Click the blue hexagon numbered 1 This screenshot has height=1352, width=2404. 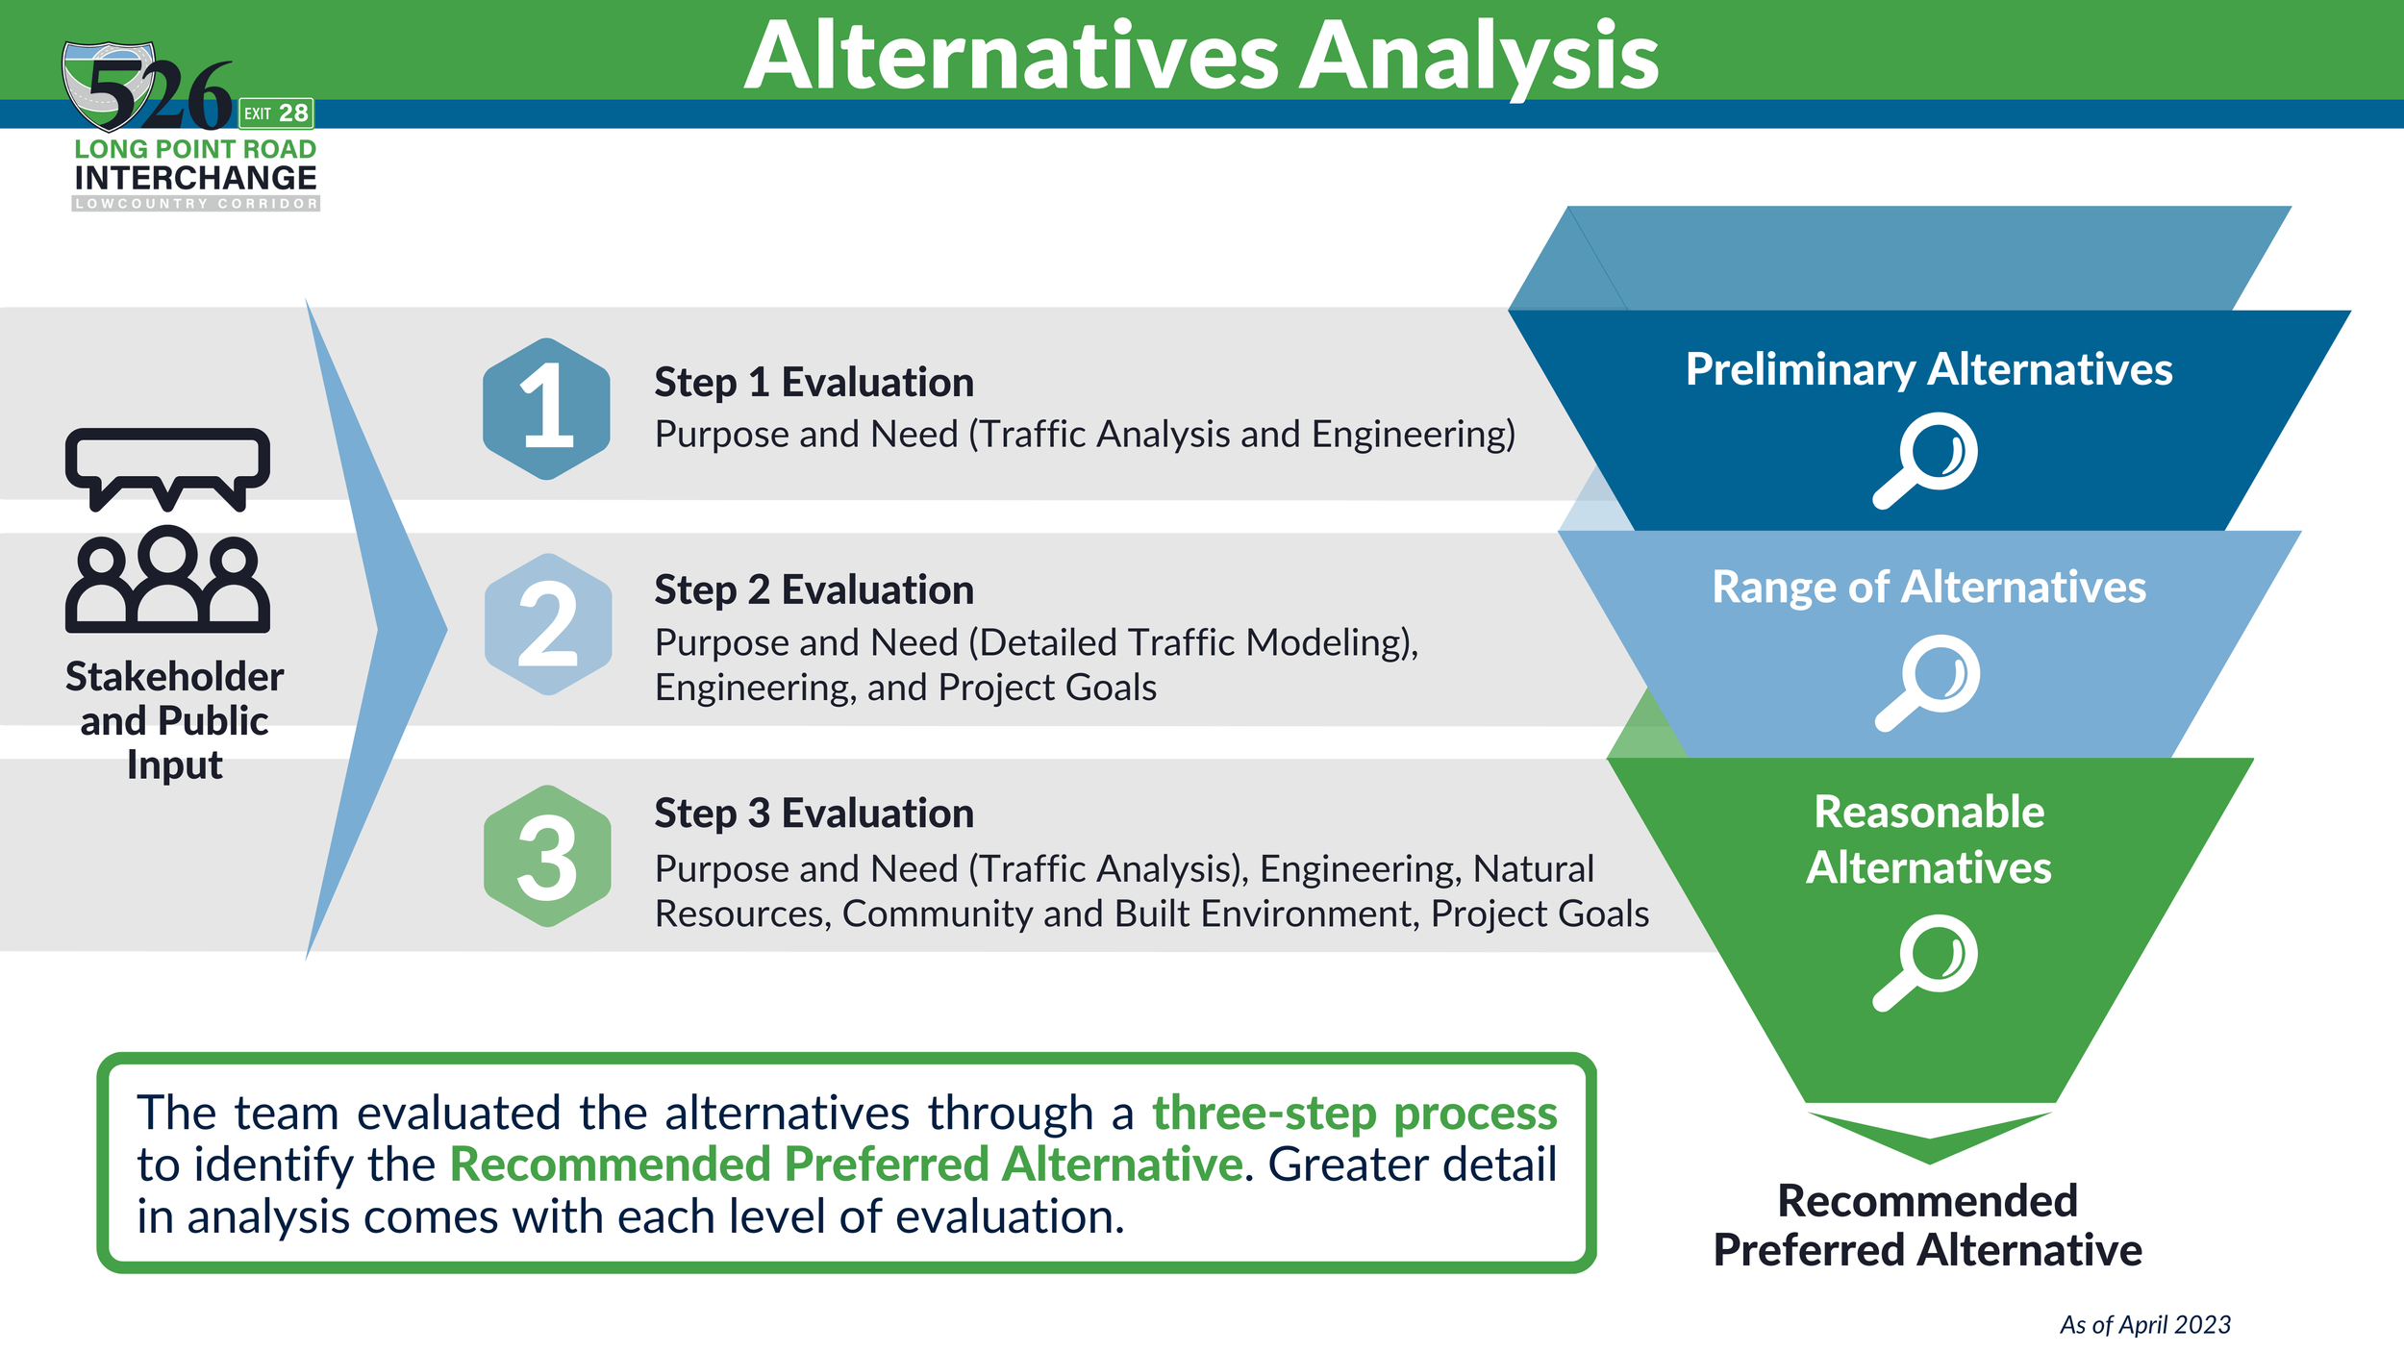[546, 409]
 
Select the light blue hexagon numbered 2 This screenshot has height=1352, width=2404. [548, 624]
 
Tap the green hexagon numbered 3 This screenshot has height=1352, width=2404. [547, 856]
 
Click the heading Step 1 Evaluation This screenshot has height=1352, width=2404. [814, 383]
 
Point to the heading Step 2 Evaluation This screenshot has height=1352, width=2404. [814, 589]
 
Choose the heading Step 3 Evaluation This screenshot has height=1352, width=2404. [814, 814]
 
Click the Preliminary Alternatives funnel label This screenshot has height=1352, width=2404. [1929, 370]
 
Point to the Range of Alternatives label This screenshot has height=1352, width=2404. [1929, 588]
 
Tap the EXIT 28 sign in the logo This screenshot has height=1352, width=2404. [276, 113]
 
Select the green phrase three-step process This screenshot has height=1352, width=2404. [1355, 1113]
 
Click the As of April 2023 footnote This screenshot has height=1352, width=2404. [2145, 1325]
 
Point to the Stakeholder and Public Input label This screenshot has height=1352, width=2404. [174, 721]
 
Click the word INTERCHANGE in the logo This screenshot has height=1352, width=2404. [195, 178]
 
